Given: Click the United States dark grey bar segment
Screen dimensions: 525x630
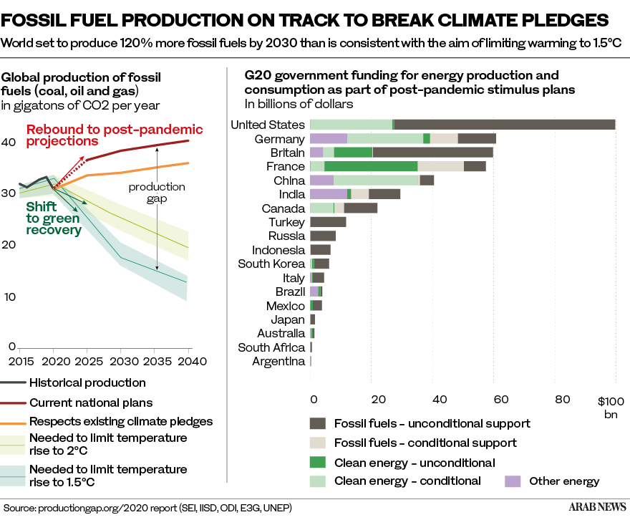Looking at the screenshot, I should (x=505, y=125).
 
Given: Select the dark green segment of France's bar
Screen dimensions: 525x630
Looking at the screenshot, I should (x=371, y=167).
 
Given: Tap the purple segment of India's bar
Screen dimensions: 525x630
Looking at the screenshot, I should (x=328, y=194).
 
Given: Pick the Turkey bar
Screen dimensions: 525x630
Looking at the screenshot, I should (x=329, y=222).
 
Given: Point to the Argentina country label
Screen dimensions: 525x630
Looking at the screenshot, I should (x=279, y=362).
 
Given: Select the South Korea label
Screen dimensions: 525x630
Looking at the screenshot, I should (x=272, y=264).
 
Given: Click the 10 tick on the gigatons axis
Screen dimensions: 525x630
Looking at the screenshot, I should (x=8, y=297).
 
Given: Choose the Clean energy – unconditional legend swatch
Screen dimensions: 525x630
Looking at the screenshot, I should (x=318, y=463).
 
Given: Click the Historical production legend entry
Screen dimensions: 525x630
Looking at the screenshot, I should (x=88, y=383).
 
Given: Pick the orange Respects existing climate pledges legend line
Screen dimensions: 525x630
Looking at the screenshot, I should (x=15, y=422).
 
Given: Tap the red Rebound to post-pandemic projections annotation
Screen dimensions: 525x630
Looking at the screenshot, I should (x=114, y=135).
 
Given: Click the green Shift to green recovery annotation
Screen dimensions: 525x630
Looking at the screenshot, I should (x=54, y=218).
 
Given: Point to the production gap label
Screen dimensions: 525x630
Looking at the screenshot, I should (x=157, y=193).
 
